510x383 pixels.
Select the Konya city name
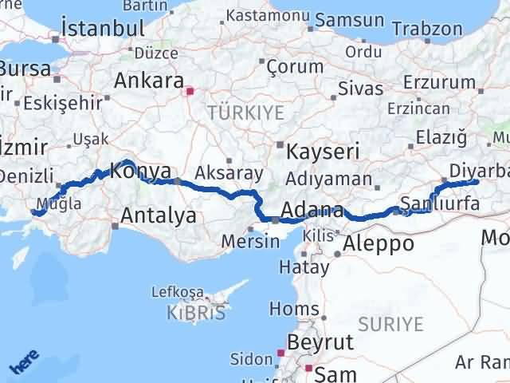pos(141,170)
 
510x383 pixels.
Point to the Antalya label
pos(159,215)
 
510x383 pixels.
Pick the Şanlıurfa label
pos(441,203)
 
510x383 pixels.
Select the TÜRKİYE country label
pos(245,113)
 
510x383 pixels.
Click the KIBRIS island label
pos(196,313)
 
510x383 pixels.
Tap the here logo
pos(25,365)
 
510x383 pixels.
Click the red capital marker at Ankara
pos(190,90)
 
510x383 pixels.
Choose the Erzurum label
pos(439,83)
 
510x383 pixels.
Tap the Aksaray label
pos(227,172)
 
